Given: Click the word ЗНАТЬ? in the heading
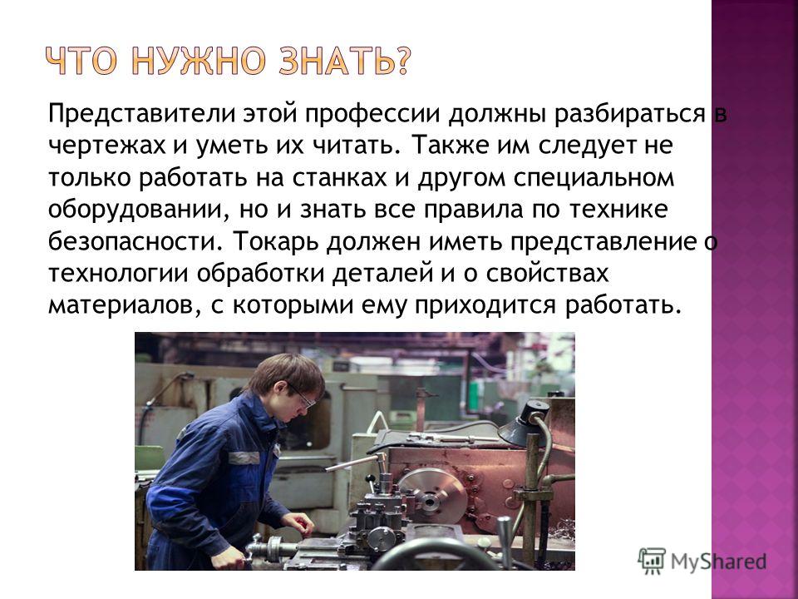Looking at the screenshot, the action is [343, 61].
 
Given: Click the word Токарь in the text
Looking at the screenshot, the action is [276, 242].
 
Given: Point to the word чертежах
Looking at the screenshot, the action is [107, 146].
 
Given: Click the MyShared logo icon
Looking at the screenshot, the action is [652, 562].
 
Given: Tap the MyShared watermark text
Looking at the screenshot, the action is [718, 562].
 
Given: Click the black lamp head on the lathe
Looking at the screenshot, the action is [523, 423].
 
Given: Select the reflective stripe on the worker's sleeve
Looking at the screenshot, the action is [244, 458].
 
